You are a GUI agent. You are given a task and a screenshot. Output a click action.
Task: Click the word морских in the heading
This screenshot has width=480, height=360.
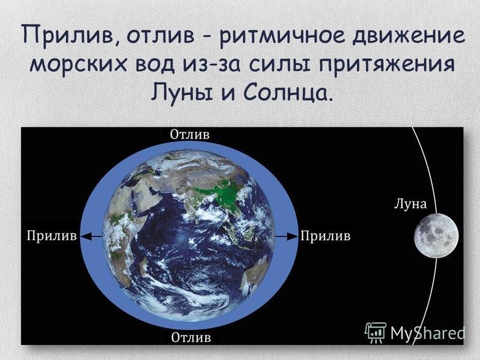click(x=78, y=65)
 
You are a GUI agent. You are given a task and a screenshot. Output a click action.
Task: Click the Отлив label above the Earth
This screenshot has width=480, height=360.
click(x=190, y=134)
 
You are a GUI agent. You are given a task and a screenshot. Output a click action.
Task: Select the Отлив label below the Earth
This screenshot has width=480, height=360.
click(x=191, y=337)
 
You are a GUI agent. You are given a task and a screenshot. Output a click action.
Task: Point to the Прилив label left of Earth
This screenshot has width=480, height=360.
click(x=52, y=236)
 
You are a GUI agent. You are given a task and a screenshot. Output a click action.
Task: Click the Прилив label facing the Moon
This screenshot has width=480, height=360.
click(x=325, y=236)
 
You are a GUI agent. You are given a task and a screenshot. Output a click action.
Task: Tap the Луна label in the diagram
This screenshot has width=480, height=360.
click(x=410, y=204)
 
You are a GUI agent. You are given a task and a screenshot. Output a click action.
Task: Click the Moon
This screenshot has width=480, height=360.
click(x=436, y=236)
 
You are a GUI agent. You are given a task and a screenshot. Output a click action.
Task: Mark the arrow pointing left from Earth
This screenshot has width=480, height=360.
click(x=91, y=236)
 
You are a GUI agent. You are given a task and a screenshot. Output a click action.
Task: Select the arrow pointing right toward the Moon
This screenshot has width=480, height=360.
click(x=287, y=236)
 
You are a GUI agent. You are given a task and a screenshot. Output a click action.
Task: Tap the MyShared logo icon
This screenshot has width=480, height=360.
click(x=376, y=332)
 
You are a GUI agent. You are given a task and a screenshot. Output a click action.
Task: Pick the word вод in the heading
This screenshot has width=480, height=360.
click(x=154, y=65)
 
